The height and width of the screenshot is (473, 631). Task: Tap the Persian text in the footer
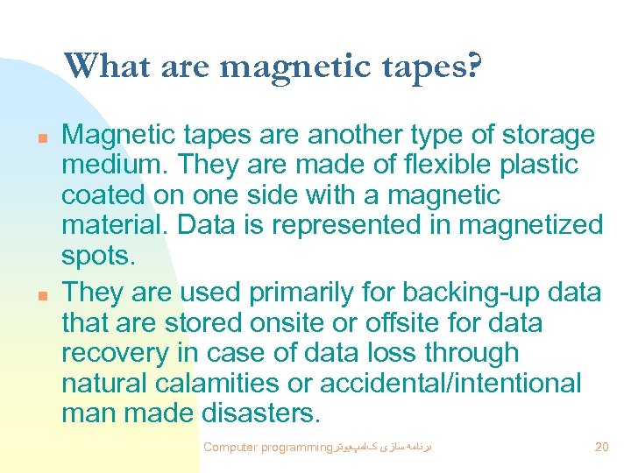click(386, 447)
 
